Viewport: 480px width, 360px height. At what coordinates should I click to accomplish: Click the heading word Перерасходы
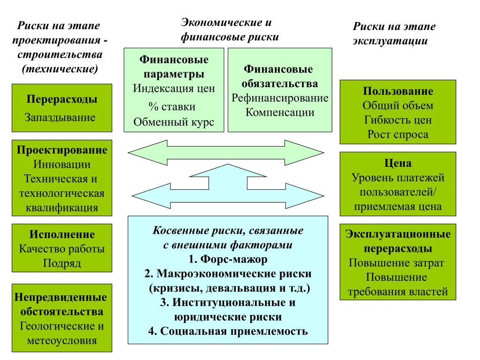point(62,99)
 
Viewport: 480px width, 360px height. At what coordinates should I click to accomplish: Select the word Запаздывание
point(60,117)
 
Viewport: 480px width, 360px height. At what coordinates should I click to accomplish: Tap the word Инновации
point(62,165)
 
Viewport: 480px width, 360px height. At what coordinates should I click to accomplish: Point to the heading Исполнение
point(62,234)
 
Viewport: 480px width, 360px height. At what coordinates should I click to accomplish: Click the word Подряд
point(62,263)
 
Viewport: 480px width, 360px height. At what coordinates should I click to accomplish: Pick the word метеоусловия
point(62,340)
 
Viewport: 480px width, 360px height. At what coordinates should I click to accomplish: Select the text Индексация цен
point(174,89)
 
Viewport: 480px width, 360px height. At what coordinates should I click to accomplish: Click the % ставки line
point(172,106)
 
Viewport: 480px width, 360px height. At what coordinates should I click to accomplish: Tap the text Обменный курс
point(173,122)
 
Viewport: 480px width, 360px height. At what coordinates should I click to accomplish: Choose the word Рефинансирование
point(280,98)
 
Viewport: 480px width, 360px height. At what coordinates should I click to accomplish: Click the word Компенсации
point(280,112)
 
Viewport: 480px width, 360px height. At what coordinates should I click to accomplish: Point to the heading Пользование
point(398,91)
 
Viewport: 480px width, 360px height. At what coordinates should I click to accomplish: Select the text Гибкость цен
point(398,120)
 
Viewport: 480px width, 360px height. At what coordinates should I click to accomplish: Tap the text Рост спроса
point(398,135)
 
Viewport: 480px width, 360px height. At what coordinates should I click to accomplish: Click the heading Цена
point(398,163)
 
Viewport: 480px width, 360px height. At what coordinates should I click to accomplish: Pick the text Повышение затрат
point(397,263)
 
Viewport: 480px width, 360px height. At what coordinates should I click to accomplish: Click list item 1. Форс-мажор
point(228,259)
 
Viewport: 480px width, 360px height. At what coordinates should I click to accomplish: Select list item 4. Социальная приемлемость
point(228,331)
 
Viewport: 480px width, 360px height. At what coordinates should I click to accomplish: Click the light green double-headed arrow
point(226,152)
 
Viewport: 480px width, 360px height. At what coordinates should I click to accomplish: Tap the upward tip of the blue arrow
point(228,165)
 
